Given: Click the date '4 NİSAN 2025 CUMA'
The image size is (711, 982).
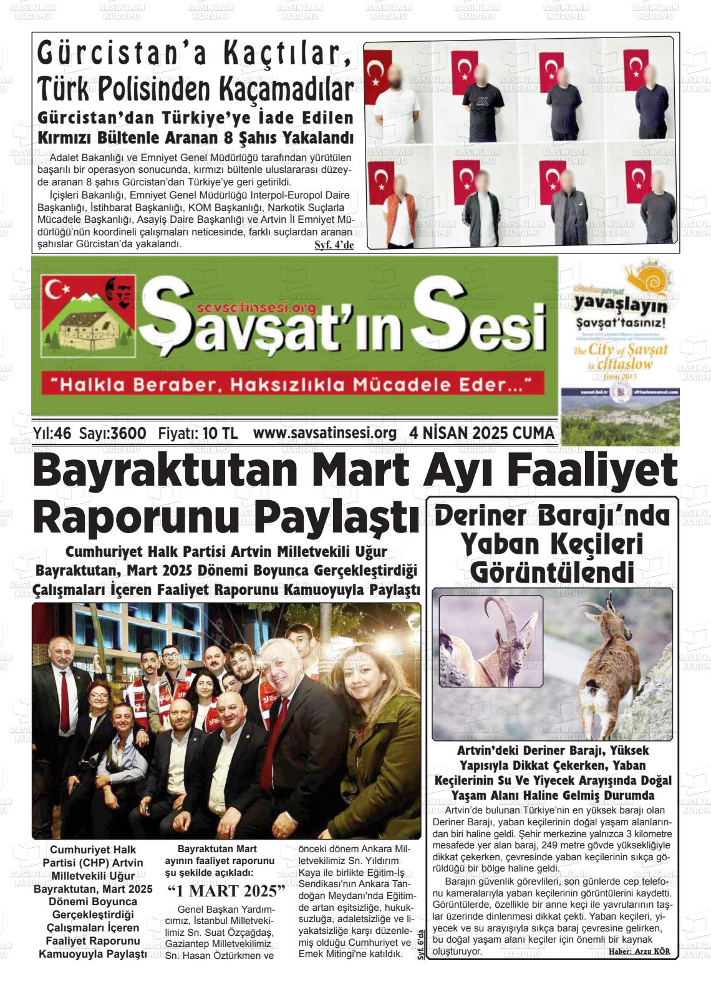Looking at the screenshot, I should (x=481, y=433).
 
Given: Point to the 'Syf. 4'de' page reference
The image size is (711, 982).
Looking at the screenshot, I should (x=334, y=245).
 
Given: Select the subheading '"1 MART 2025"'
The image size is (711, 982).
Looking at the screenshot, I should (x=226, y=890).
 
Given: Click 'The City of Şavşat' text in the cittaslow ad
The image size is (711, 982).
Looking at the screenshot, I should (x=619, y=350).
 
